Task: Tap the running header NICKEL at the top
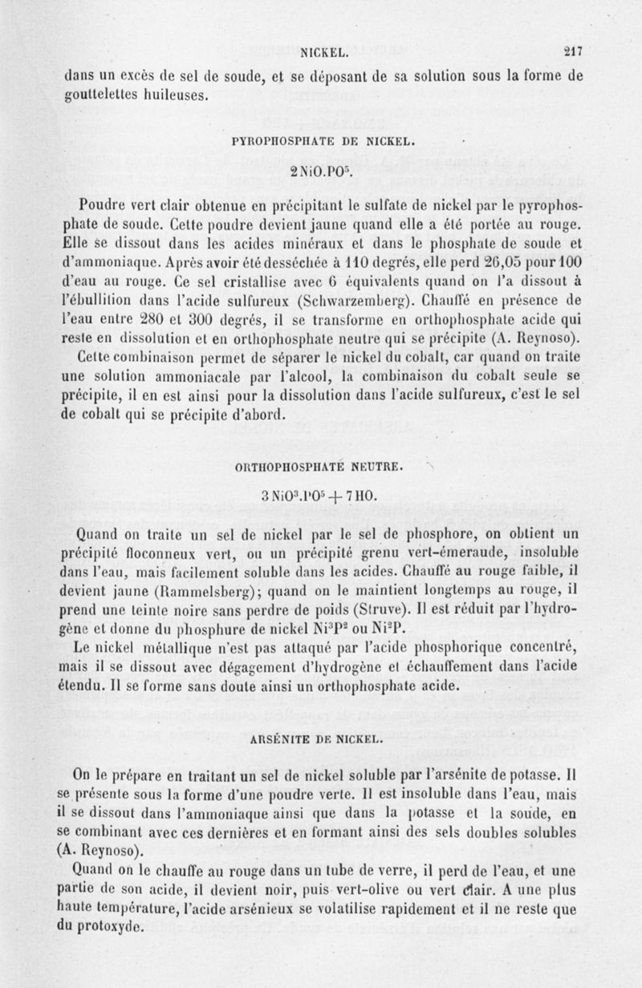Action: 323,54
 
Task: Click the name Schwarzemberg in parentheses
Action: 359,302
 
